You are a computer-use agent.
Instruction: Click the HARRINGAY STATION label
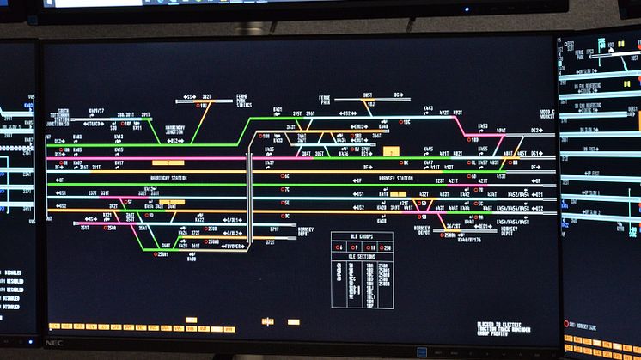pos(168,178)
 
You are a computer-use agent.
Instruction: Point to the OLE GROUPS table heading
pos(362,237)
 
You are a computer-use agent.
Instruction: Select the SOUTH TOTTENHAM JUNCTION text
pos(58,116)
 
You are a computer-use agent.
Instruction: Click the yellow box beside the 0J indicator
pos(392,151)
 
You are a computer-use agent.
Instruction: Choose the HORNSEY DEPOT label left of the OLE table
pos(305,233)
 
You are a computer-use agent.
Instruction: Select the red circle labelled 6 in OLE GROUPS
pos(345,248)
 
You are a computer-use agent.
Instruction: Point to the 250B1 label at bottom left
pos(162,254)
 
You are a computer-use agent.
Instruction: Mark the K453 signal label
pos(483,126)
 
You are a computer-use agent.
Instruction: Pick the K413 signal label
pos(119,136)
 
